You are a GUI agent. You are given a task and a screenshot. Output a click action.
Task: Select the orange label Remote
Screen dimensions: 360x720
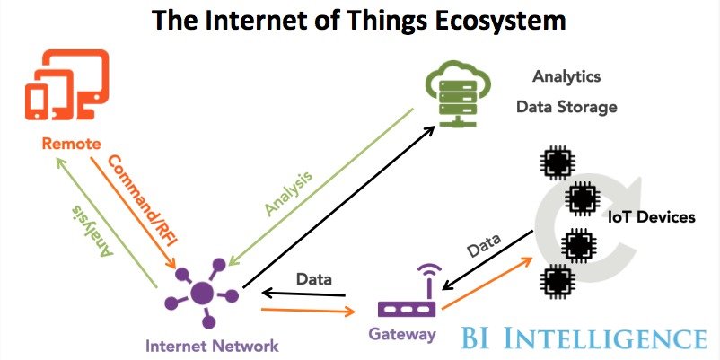tap(69, 144)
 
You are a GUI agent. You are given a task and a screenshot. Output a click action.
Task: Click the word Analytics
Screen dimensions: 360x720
tap(566, 76)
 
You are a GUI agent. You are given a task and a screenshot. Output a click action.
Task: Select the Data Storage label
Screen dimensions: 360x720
tap(566, 107)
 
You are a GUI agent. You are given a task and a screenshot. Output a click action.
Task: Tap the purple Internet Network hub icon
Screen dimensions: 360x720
tap(203, 293)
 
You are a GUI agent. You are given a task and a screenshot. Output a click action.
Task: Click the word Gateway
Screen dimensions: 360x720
tap(401, 334)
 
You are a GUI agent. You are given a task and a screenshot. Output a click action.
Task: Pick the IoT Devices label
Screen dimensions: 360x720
tap(651, 217)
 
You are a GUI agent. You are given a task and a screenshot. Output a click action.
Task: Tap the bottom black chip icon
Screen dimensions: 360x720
tap(557, 280)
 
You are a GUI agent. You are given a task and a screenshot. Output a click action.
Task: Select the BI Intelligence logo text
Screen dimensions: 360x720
tap(584, 338)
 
